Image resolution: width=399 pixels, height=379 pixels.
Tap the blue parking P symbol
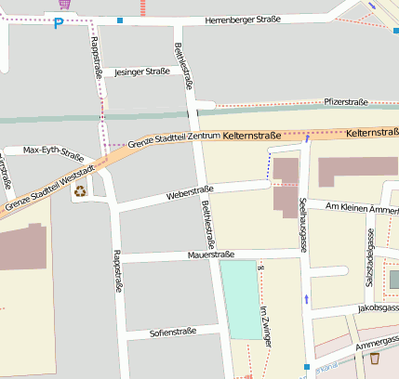pos(59,23)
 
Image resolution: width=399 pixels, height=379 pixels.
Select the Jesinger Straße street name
pos(142,72)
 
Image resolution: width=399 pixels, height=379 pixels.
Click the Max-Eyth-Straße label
pos(53,150)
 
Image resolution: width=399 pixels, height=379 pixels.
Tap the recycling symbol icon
pos(80,190)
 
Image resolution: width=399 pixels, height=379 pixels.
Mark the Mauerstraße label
pos(210,253)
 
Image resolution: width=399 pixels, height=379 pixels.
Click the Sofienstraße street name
pos(173,332)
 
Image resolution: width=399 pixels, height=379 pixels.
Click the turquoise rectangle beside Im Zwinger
pos(240,299)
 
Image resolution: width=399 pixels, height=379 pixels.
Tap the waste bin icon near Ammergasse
pos(375,358)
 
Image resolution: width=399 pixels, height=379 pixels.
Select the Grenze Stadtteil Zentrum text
pos(175,139)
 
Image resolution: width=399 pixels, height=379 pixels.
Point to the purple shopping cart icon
pos(62,5)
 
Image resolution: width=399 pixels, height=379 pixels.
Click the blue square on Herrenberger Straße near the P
pos(120,20)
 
